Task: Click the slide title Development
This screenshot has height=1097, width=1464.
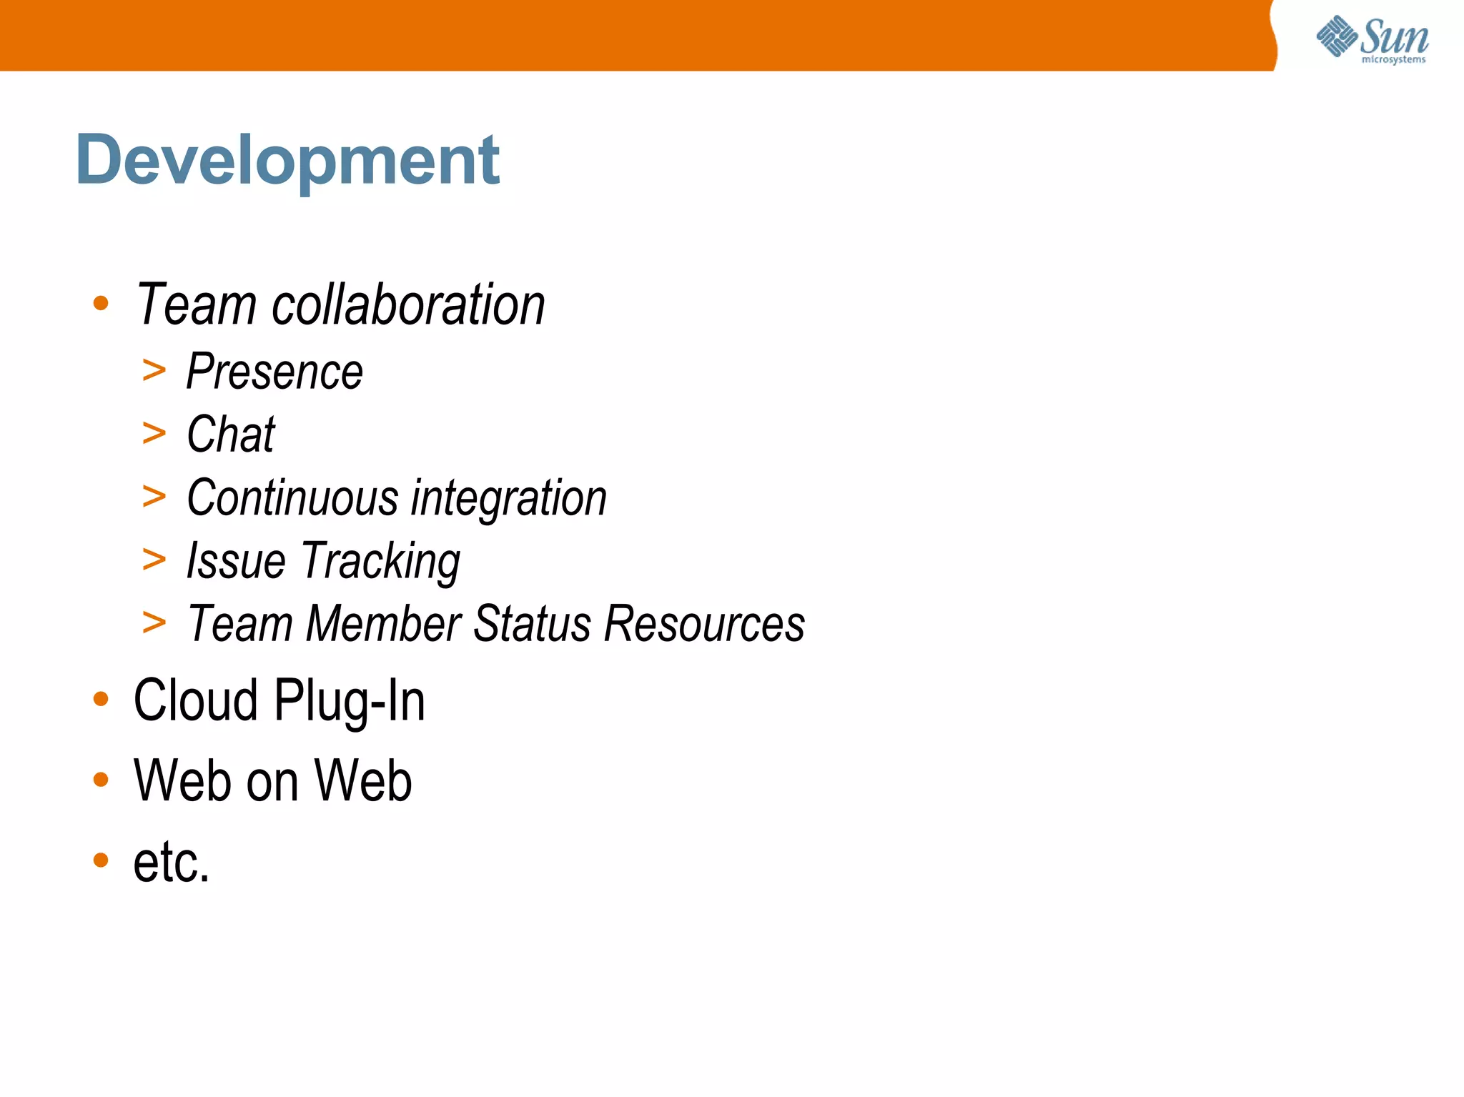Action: pos(287,160)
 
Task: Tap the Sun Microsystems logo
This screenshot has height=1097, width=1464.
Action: pos(1372,39)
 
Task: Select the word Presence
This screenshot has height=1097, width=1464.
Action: pos(274,372)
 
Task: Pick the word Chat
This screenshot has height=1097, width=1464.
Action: pos(231,435)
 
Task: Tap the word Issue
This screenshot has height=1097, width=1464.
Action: pos(236,560)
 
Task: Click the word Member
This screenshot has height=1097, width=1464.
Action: pos(383,623)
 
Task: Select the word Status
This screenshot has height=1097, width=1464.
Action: pos(532,623)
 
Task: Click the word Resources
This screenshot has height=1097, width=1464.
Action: pos(704,623)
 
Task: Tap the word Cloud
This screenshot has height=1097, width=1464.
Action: pos(195,700)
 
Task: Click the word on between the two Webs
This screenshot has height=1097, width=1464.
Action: pos(272,781)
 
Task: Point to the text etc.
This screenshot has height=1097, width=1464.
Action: pos(172,861)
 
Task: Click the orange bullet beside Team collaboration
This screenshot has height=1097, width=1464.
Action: pos(101,304)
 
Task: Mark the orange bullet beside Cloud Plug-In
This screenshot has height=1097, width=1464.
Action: pos(101,699)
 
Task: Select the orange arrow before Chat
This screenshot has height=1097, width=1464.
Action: pos(154,433)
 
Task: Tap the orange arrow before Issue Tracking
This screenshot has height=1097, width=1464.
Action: pos(154,559)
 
